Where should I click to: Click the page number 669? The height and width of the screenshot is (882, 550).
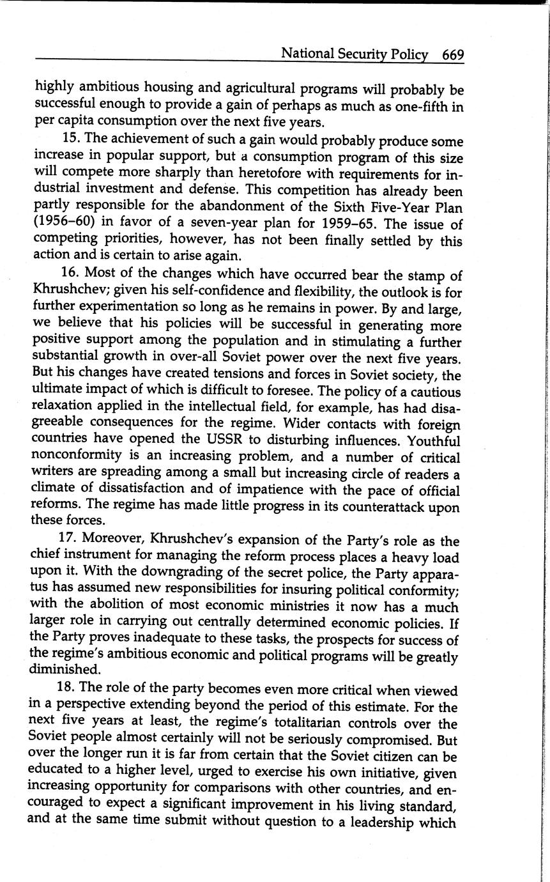[452, 54]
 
